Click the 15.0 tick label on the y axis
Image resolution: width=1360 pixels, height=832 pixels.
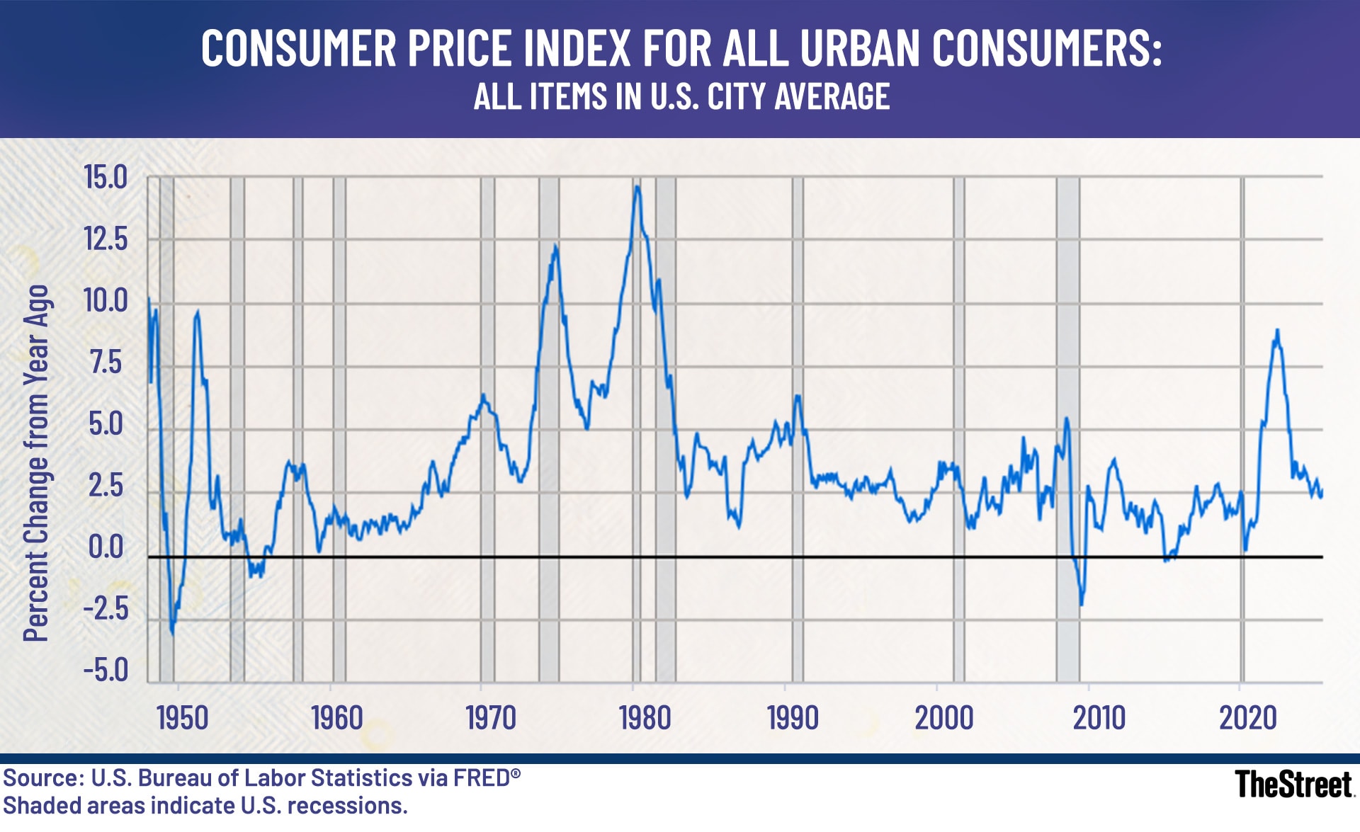(106, 177)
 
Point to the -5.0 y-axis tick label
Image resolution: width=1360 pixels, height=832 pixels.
(106, 670)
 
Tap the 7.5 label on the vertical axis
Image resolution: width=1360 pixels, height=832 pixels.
(106, 363)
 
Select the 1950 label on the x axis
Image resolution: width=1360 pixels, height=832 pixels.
(182, 718)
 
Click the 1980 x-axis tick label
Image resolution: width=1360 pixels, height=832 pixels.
(645, 718)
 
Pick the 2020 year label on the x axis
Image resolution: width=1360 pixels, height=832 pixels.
(1247, 718)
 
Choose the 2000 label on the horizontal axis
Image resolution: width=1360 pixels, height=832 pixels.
(943, 718)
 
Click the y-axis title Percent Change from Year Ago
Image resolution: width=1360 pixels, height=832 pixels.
(37, 464)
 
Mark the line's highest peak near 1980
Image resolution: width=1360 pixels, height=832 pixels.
(637, 187)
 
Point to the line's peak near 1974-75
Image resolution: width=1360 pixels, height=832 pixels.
(555, 246)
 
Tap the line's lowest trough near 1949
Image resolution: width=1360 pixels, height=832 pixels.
(172, 632)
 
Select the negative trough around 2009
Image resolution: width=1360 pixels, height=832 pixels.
(1081, 604)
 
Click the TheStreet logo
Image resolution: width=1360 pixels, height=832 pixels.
(1293, 785)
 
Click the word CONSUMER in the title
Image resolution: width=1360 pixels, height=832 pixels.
(298, 49)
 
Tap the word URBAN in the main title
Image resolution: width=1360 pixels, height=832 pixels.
(858, 49)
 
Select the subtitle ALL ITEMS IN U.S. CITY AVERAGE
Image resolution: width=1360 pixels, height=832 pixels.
(681, 97)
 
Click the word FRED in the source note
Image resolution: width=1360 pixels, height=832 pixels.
(481, 778)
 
